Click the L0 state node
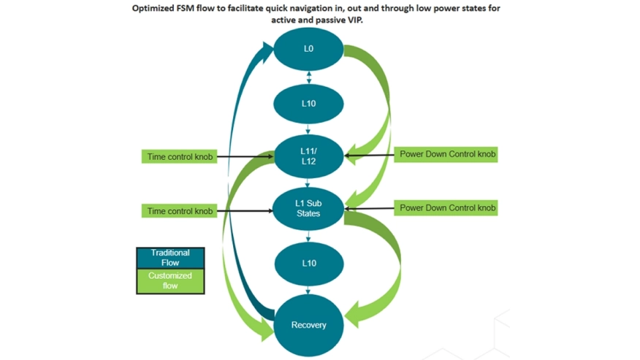point(308,50)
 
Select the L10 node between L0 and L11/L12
point(308,104)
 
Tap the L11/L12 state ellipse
point(308,156)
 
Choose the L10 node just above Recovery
point(308,263)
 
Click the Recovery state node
point(308,325)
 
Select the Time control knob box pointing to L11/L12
point(180,156)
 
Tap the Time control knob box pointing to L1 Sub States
point(180,211)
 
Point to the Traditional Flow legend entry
point(170,258)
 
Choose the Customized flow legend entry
point(170,281)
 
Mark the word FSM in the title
point(197,9)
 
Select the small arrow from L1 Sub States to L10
point(308,236)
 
